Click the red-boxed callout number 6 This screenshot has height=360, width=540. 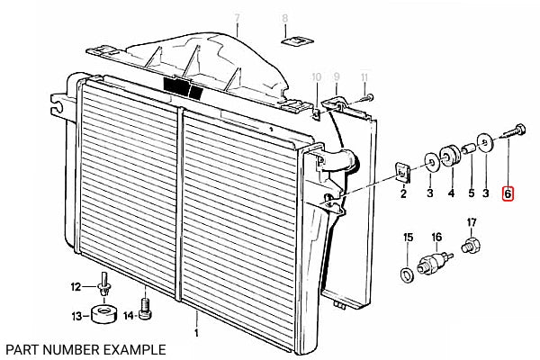click(x=508, y=193)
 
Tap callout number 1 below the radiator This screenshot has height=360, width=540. click(x=196, y=333)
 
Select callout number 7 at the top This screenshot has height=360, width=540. click(x=237, y=18)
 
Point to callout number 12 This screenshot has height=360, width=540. click(x=76, y=286)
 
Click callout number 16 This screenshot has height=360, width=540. click(x=436, y=237)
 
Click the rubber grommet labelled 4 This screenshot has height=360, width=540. click(x=449, y=156)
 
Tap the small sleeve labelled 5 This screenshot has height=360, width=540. click(x=469, y=149)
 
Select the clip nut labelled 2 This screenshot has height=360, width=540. click(x=402, y=172)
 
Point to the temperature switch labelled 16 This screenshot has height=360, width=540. click(x=435, y=263)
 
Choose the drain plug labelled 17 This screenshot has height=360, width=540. click(x=471, y=244)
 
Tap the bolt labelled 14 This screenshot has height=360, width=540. click(x=146, y=309)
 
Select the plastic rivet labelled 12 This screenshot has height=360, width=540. click(x=103, y=285)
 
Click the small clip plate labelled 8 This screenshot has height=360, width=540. click(x=298, y=40)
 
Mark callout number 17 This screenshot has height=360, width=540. click(x=471, y=222)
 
